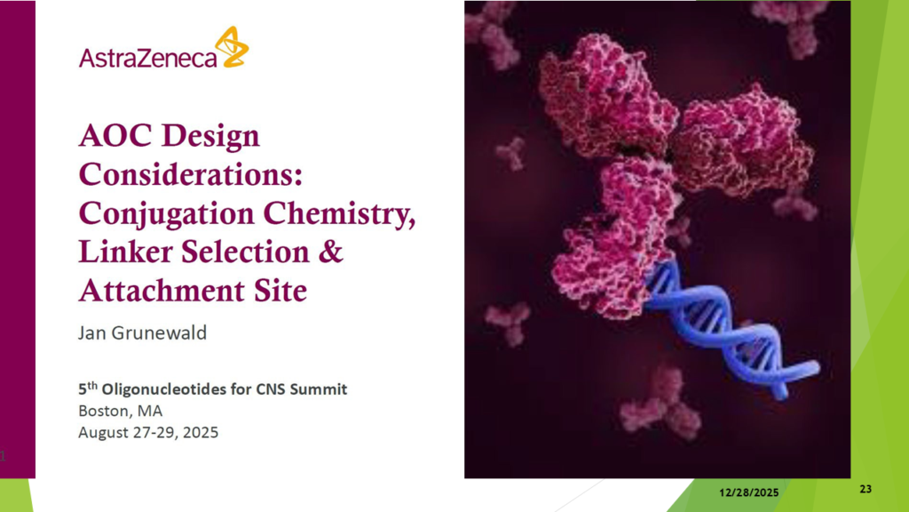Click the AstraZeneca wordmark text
click(148, 58)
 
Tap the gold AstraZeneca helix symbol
click(232, 46)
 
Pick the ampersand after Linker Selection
click(331, 252)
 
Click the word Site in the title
click(281, 291)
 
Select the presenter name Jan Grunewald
click(143, 332)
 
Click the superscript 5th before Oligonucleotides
click(88, 388)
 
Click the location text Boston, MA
click(121, 411)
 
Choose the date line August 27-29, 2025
click(148, 433)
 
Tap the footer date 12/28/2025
click(749, 492)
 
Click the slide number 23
click(866, 489)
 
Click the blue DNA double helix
click(731, 329)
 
